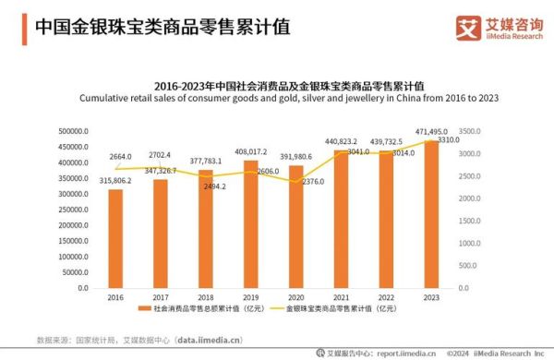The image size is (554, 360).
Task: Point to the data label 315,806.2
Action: (x=114, y=181)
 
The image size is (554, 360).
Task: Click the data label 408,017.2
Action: (x=250, y=151)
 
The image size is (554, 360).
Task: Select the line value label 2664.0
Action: (x=121, y=157)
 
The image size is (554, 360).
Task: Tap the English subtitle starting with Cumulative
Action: (x=289, y=97)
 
